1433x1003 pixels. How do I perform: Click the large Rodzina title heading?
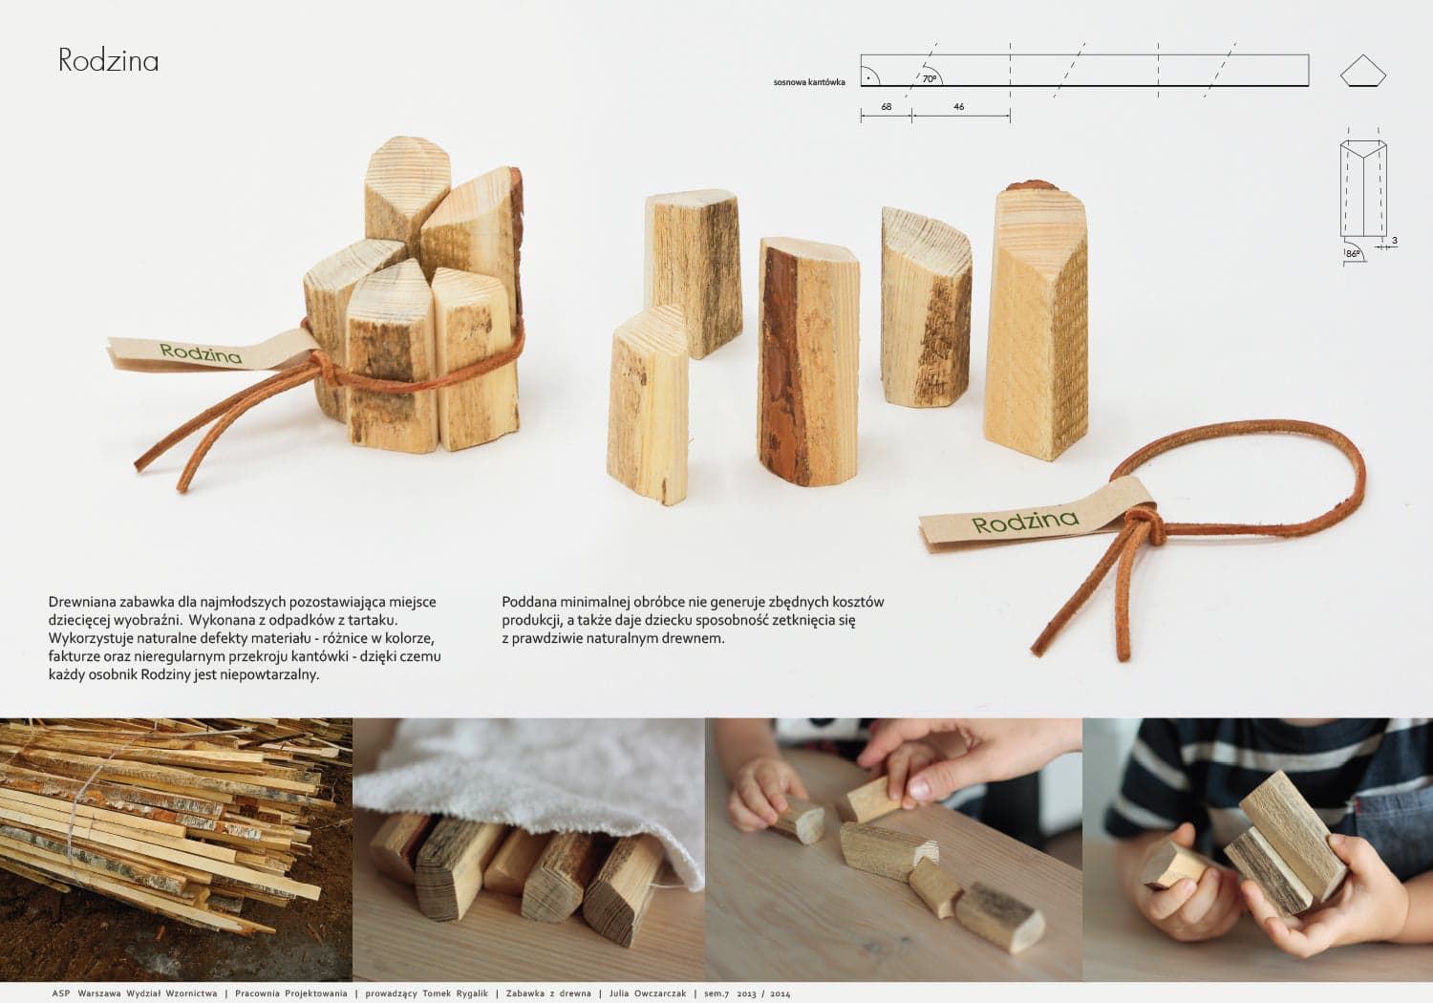[x=108, y=60]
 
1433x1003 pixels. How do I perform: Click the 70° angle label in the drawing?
[x=930, y=78]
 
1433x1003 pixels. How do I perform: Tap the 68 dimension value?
[x=886, y=106]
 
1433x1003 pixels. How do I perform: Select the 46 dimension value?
[x=958, y=106]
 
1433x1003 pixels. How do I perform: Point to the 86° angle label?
[x=1353, y=254]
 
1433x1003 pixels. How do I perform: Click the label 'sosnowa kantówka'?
[x=809, y=82]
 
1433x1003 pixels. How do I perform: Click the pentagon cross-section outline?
[x=1362, y=71]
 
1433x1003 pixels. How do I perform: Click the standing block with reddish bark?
[x=808, y=361]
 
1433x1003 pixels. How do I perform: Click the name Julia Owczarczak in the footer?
[x=648, y=993]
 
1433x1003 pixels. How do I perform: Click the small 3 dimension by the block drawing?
[x=1395, y=241]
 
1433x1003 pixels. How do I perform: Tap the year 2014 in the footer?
[x=780, y=993]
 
